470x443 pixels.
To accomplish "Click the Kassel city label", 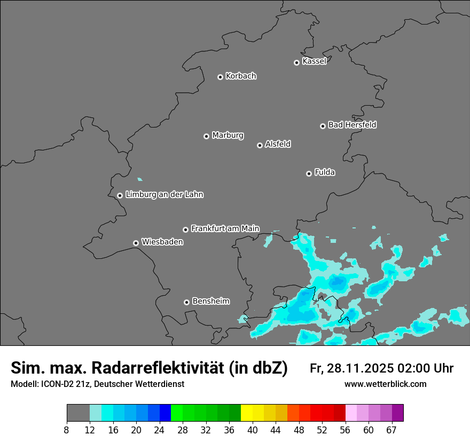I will [x=314, y=61].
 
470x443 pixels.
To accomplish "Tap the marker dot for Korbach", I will [x=220, y=77].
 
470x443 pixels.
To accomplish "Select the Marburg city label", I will [x=228, y=136].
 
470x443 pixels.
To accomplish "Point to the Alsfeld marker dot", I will [x=260, y=145].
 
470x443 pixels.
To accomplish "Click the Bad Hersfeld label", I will [x=352, y=125].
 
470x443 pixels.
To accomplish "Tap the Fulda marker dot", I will [x=309, y=173].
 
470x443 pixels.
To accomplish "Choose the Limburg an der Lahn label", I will [x=164, y=195].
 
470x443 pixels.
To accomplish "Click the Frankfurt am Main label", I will [x=225, y=228].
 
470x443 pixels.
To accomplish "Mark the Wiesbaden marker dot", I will [x=136, y=243].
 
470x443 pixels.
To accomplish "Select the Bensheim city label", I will [x=210, y=302].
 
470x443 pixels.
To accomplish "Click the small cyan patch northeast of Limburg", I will [x=140, y=179].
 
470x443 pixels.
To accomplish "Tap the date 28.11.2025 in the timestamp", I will [x=359, y=368].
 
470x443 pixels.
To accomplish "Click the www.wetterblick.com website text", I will [x=385, y=384].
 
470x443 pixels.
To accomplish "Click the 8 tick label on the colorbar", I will [x=67, y=430].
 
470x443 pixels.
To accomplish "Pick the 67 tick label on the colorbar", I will [x=391, y=430].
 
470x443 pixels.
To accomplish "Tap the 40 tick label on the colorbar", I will [x=253, y=430].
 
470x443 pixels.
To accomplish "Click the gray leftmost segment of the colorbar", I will [x=78, y=413].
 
